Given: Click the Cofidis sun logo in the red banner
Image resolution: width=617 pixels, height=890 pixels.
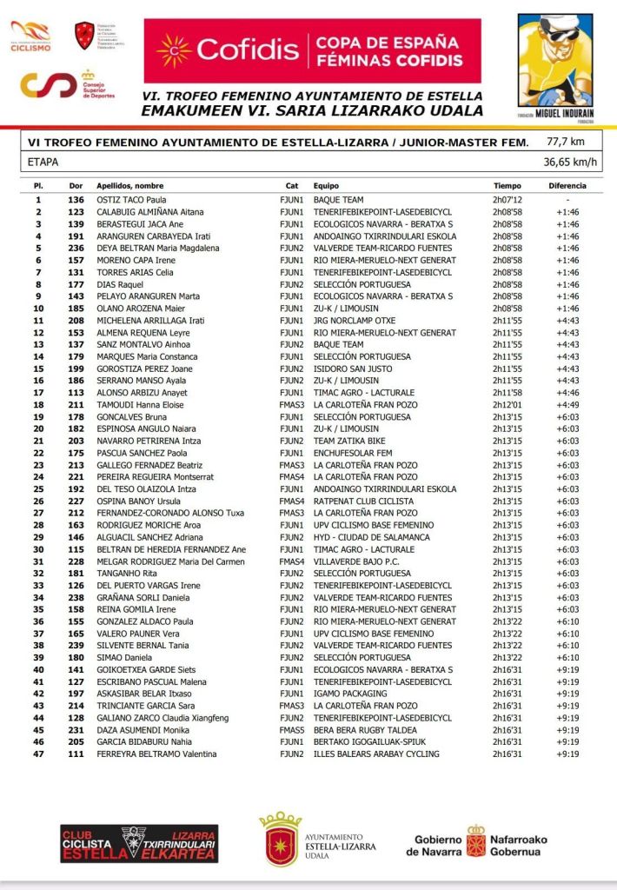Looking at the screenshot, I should click(x=173, y=50).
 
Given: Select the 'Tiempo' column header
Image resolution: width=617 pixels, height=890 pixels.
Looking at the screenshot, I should click(x=508, y=186).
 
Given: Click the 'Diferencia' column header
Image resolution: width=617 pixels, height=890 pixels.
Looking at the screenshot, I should click(x=567, y=186).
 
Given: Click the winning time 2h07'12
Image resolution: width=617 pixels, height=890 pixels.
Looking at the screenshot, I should click(x=508, y=200).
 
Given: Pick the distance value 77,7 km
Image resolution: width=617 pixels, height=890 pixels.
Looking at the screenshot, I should click(x=565, y=141).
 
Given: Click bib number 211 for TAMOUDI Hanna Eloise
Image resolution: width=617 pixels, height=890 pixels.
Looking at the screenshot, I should click(x=76, y=405).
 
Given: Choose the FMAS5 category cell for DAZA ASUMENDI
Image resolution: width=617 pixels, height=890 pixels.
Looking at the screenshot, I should click(x=291, y=730).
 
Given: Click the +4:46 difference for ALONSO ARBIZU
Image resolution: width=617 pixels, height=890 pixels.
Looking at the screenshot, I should click(x=567, y=393).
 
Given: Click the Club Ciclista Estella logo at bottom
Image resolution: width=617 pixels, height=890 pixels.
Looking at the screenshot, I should click(x=139, y=844).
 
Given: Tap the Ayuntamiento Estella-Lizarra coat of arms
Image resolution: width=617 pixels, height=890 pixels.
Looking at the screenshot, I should click(x=280, y=840).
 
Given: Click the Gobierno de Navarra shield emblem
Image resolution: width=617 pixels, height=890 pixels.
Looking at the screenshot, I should click(x=475, y=840).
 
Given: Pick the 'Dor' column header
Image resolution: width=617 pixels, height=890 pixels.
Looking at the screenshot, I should click(x=76, y=186).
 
